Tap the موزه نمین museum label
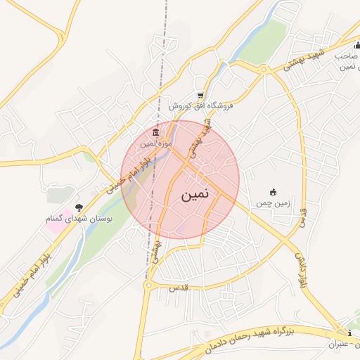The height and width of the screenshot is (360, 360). pyautogui.click(x=155, y=143)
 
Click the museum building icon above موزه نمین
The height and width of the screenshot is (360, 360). pyautogui.click(x=155, y=132)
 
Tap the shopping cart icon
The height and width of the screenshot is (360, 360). pyautogui.click(x=200, y=95)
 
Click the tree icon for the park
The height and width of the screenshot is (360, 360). pyautogui.click(x=79, y=207)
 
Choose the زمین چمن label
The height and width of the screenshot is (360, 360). pyautogui.click(x=272, y=202)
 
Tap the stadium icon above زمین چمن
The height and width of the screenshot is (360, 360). pyautogui.click(x=273, y=192)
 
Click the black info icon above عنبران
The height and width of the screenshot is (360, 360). pyautogui.click(x=350, y=333)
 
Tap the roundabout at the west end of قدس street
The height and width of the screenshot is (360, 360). pyautogui.click(x=148, y=285)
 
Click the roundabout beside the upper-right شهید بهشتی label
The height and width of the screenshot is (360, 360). pyautogui.click(x=264, y=69)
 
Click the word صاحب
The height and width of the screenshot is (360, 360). pyautogui.click(x=347, y=55)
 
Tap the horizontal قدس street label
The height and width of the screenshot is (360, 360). pyautogui.click(x=176, y=289)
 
